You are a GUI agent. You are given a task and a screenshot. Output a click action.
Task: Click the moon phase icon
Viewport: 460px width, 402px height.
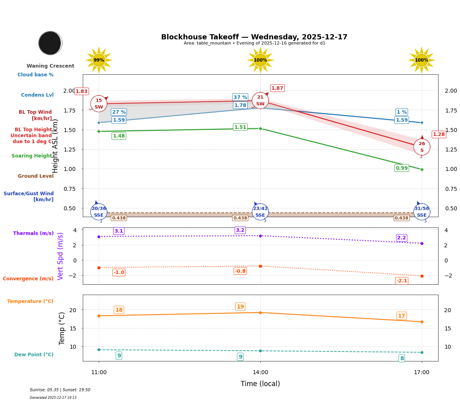pos(50,43)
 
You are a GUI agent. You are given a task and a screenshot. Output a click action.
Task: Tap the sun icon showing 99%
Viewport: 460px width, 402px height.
pos(99,60)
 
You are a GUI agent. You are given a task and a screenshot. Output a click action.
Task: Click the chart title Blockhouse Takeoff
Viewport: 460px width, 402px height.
pos(254,37)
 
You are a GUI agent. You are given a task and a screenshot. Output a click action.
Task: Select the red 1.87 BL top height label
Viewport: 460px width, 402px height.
pos(277,88)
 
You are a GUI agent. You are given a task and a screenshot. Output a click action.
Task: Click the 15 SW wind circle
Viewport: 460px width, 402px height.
pos(99,104)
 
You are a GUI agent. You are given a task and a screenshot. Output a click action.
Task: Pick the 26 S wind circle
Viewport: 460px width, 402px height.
pos(421,147)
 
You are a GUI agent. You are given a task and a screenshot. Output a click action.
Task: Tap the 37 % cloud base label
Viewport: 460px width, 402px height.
pos(240,97)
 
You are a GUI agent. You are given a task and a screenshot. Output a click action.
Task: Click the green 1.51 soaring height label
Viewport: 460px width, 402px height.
pos(240,127)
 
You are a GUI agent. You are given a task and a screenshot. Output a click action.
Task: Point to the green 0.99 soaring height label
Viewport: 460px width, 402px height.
pos(402,168)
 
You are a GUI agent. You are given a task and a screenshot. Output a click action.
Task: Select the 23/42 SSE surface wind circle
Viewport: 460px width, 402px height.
pos(260,212)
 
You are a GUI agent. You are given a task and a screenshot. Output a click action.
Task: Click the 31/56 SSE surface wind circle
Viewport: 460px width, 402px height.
pos(421,212)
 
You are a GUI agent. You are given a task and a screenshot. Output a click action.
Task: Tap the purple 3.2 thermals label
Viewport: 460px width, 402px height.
pos(240,230)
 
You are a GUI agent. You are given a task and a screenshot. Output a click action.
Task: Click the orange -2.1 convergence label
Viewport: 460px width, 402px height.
pos(402,281)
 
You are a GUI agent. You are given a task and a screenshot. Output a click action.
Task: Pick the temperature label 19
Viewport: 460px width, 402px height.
pos(240,307)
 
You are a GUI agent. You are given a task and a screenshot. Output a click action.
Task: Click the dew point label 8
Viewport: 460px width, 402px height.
pos(402,358)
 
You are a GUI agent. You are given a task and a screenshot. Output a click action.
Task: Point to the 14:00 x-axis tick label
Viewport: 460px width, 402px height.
pos(260,373)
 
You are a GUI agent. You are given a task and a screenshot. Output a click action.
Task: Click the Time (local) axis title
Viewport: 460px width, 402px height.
pos(260,384)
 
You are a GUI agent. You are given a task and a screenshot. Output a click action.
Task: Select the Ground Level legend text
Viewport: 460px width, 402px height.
pos(35,176)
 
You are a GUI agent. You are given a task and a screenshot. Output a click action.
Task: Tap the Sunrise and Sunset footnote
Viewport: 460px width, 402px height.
pos(60,390)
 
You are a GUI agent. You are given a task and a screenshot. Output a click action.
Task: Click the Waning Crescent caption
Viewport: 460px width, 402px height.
pos(50,66)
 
